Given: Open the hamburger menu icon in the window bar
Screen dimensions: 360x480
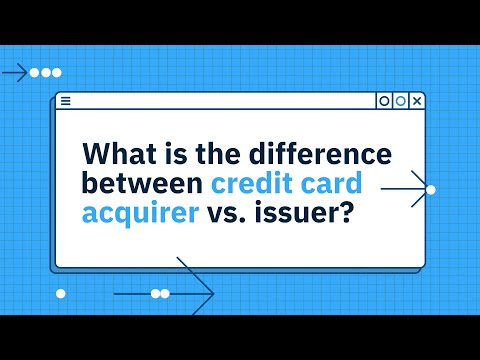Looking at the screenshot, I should click(x=65, y=101).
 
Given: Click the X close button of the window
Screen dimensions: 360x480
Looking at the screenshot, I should click(x=418, y=101).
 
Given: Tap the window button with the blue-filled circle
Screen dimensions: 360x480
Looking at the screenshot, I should click(x=400, y=101).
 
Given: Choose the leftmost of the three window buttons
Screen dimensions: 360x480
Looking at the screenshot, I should click(x=383, y=101).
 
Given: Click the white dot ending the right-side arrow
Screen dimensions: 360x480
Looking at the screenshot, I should click(x=431, y=188).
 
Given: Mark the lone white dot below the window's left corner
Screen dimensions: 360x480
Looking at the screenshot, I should click(x=60, y=293).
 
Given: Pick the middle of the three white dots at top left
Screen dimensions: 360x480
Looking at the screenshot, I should click(x=46, y=73).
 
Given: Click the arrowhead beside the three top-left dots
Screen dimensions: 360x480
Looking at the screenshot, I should click(x=24, y=73).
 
